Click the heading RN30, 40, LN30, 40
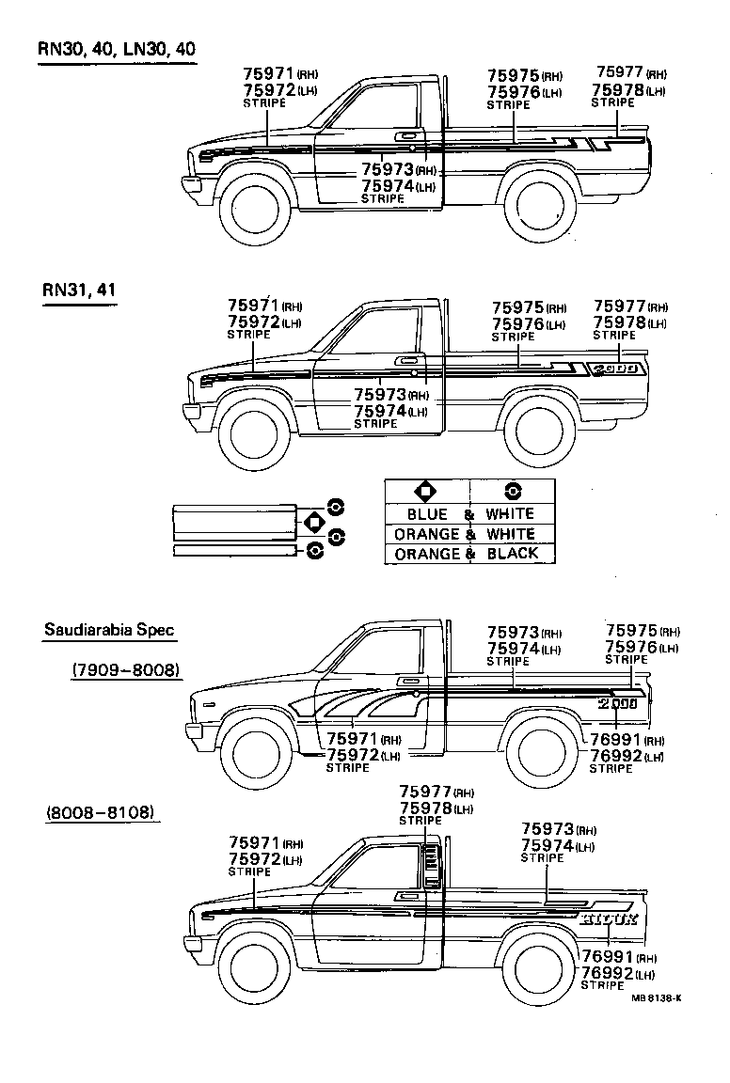pos(118,49)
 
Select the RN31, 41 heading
pos(79,290)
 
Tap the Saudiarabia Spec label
pos(109,630)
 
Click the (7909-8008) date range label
pos(126,669)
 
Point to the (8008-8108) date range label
pos(100,811)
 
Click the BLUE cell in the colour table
pos(427,514)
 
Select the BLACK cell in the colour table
pos(513,554)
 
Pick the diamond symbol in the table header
pos(426,491)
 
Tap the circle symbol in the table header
pos(513,491)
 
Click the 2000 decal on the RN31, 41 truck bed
pos(617,369)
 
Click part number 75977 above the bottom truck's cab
pos(426,792)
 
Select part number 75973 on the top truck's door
pos(388,170)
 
